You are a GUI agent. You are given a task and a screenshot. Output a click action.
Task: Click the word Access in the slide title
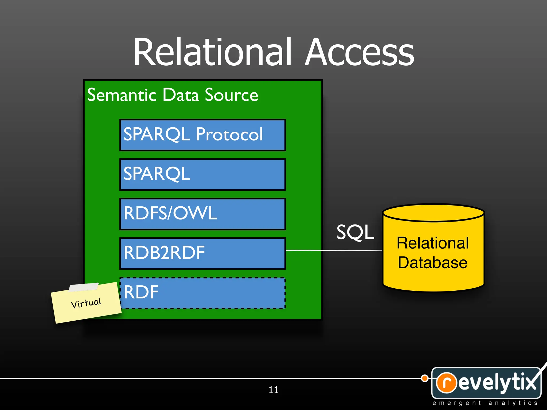pos(359,52)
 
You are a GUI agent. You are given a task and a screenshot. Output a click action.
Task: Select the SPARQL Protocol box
pos(202,135)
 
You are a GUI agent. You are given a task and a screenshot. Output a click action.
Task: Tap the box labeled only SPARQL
pos(202,174)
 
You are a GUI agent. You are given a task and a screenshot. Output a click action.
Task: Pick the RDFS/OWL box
pos(202,214)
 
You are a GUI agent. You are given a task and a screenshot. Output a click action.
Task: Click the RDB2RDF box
pos(202,253)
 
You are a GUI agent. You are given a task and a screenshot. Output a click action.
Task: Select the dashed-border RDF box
pos(202,293)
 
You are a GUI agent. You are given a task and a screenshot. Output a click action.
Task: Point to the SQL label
pos(355,232)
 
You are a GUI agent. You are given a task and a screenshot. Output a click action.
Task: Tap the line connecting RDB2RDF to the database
pos(334,250)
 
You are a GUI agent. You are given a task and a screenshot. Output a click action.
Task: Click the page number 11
pos(273,390)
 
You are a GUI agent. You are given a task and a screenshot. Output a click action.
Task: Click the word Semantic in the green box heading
pos(122,95)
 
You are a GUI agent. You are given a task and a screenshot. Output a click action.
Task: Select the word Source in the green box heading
pos(231,95)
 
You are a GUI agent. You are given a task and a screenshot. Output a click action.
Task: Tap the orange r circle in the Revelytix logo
pos(446,383)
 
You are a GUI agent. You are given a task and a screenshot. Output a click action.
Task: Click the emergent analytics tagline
pos(485,403)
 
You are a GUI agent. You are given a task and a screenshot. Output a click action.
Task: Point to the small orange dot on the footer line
pos(424,378)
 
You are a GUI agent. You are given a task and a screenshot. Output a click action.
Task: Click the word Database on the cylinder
pos(432,263)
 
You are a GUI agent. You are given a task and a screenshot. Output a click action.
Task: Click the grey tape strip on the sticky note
pos(84,287)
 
